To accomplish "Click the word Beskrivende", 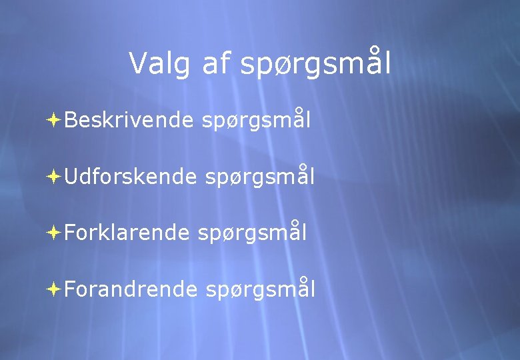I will point(129,120).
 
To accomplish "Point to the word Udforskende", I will point(131,177).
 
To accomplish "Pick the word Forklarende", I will point(127,233).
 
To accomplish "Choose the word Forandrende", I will point(131,289).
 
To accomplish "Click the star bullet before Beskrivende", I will point(55,120).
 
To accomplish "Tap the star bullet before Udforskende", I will point(55,177).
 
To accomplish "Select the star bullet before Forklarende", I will point(55,233).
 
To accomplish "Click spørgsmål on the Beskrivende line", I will point(255,121).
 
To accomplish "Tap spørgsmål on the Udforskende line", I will point(260,177).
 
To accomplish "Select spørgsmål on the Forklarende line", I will point(253,233).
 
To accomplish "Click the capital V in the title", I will point(138,63).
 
